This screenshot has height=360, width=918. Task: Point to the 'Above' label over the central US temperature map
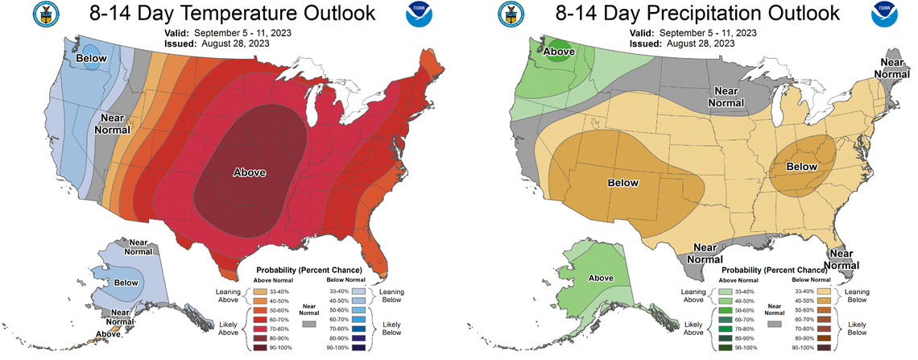pos(250,172)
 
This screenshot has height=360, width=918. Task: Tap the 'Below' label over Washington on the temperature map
pos(91,59)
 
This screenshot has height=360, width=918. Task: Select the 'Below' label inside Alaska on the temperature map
pos(126,283)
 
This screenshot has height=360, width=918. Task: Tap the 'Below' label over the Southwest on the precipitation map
pos(622,183)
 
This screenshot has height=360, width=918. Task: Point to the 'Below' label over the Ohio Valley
pos(800,166)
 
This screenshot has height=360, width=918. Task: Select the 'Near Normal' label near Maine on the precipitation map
pos(895,68)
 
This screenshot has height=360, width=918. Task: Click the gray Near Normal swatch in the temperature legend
pos(308,322)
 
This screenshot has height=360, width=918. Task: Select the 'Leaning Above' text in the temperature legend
pos(229,296)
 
